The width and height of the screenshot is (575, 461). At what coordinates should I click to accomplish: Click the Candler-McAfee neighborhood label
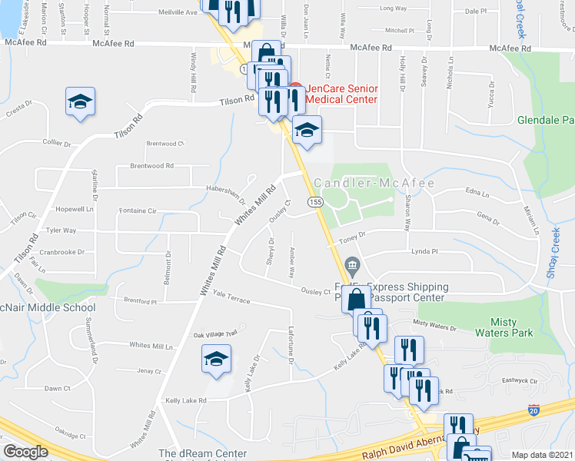point(374,184)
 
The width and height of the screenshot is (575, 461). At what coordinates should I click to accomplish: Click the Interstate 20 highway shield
point(533,412)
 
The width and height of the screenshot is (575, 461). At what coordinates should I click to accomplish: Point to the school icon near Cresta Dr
point(79,104)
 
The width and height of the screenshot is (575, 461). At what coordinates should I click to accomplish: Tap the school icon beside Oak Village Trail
point(216,358)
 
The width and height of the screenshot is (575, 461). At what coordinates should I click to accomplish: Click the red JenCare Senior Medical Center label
point(341,95)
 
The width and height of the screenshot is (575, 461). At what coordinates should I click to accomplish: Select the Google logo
point(25,452)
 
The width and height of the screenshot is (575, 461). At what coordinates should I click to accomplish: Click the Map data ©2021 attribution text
point(543,454)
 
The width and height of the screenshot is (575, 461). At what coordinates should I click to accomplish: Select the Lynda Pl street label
point(424,251)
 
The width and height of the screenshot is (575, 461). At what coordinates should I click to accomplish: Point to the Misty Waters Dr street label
point(434,327)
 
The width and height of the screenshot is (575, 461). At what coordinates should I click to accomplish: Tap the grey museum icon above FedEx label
point(352,267)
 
